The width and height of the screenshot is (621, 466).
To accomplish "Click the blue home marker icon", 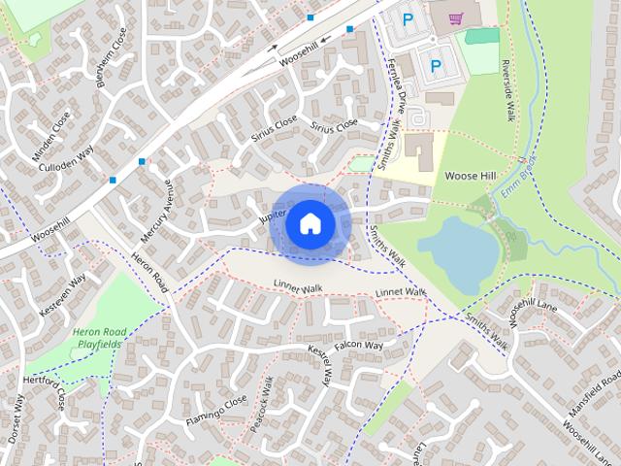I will (310, 223).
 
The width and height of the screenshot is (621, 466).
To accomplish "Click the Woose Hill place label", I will (471, 177).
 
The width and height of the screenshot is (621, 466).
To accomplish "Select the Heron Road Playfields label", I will (100, 338).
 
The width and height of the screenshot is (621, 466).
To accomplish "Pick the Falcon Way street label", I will (359, 346).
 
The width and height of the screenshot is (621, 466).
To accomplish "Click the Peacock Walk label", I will (262, 403).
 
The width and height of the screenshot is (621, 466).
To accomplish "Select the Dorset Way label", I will (16, 418).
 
